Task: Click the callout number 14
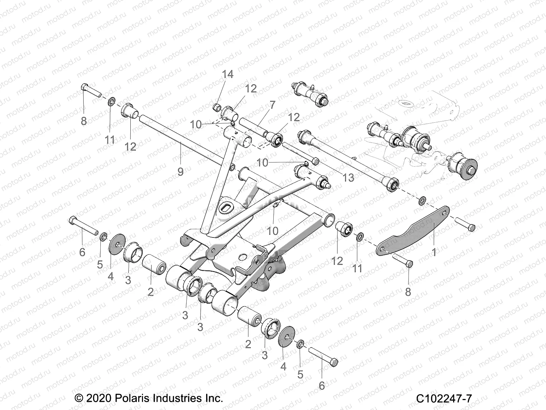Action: coord(228,74)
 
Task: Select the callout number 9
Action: coord(181,172)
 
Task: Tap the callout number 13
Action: coord(348,177)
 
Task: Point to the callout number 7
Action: coord(272,105)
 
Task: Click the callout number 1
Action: coord(434,252)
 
